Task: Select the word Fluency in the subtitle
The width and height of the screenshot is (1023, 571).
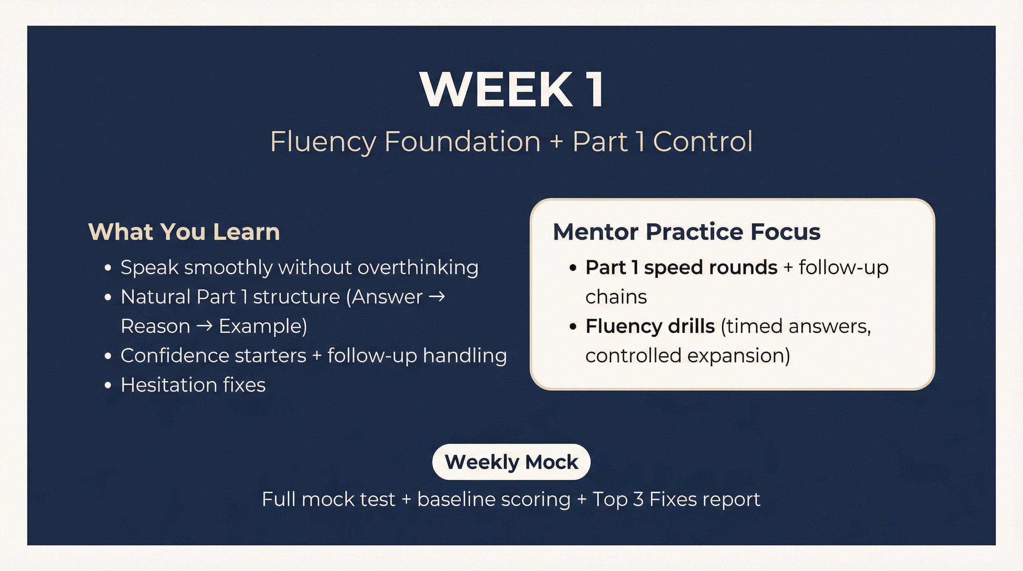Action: [x=323, y=142]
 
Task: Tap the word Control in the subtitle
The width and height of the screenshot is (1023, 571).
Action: [x=703, y=142]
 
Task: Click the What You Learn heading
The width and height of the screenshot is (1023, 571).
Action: [x=184, y=232]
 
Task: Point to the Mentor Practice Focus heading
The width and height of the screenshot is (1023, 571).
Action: [x=687, y=232]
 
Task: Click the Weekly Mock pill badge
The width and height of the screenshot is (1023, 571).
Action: [x=511, y=462]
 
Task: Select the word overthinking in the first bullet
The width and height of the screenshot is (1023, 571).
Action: [x=418, y=268]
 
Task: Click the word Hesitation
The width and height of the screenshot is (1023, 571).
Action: [x=168, y=385]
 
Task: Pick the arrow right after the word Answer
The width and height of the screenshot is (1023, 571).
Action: [x=437, y=297]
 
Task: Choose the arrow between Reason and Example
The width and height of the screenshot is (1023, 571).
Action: [x=204, y=326]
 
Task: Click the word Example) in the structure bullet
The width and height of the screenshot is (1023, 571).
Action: [x=263, y=326]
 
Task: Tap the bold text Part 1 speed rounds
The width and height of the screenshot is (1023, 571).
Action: [x=681, y=268]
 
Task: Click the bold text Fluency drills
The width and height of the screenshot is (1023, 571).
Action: [x=650, y=326]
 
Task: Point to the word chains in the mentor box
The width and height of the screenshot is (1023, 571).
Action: [x=616, y=297]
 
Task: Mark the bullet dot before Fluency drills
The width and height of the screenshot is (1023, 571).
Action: [x=573, y=326]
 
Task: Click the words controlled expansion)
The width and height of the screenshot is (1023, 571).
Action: [x=687, y=356]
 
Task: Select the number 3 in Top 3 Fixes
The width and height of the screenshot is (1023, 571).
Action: [x=638, y=500]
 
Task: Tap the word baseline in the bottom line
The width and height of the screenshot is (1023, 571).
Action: [x=454, y=500]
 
